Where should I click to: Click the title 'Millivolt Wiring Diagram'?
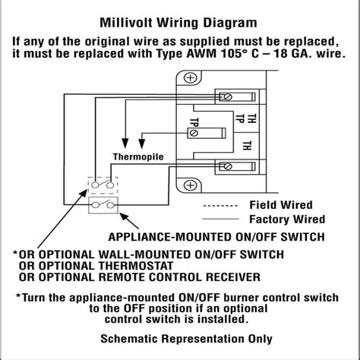(180, 23)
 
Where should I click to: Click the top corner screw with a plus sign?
(191, 77)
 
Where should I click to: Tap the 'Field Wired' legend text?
(281, 205)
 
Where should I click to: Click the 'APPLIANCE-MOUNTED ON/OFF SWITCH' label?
(215, 235)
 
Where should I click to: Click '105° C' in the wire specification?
(237, 55)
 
